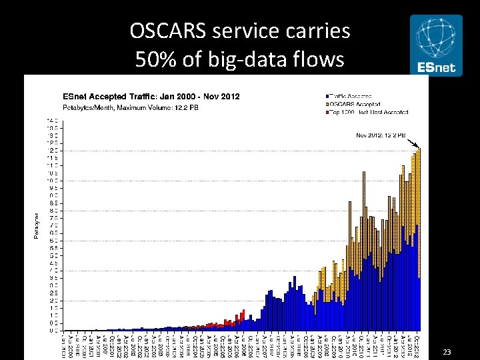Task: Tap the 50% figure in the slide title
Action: [155, 59]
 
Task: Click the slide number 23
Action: [447, 351]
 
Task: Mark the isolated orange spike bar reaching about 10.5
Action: [363, 200]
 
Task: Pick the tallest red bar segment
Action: [243, 313]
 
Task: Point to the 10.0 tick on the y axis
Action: [51, 181]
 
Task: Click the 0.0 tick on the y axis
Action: [51, 330]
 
